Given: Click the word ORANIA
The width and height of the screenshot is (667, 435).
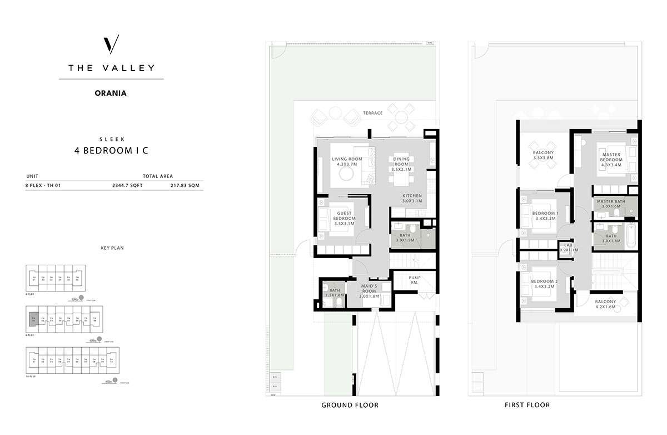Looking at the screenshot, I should [111, 93].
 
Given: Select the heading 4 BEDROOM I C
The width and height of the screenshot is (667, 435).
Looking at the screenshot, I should [111, 150].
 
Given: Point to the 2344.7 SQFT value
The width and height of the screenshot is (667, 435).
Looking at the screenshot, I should [127, 186].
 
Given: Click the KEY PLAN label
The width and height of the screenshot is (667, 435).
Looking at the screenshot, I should [112, 248].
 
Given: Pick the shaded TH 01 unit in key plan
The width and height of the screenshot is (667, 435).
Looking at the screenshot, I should [34, 319].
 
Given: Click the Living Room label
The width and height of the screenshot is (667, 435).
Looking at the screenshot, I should [347, 162].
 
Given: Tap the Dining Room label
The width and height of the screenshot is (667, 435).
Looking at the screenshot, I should [401, 162].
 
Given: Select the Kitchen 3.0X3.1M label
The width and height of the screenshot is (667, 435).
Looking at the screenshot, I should [412, 199].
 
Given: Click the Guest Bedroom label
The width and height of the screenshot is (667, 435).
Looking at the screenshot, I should [344, 219].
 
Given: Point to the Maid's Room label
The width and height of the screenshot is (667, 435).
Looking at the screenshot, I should [369, 291].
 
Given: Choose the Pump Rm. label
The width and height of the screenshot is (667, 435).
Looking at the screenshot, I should [414, 280].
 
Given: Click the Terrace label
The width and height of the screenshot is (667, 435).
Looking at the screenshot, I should [373, 113].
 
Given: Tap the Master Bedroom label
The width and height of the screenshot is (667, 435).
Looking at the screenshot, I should [610, 160].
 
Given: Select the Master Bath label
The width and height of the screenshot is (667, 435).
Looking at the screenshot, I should [611, 204].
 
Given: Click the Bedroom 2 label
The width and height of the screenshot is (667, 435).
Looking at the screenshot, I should [545, 284].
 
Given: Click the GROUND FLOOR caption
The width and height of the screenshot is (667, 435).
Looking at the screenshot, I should [350, 405].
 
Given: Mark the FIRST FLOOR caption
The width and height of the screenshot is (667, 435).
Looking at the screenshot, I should [527, 405].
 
